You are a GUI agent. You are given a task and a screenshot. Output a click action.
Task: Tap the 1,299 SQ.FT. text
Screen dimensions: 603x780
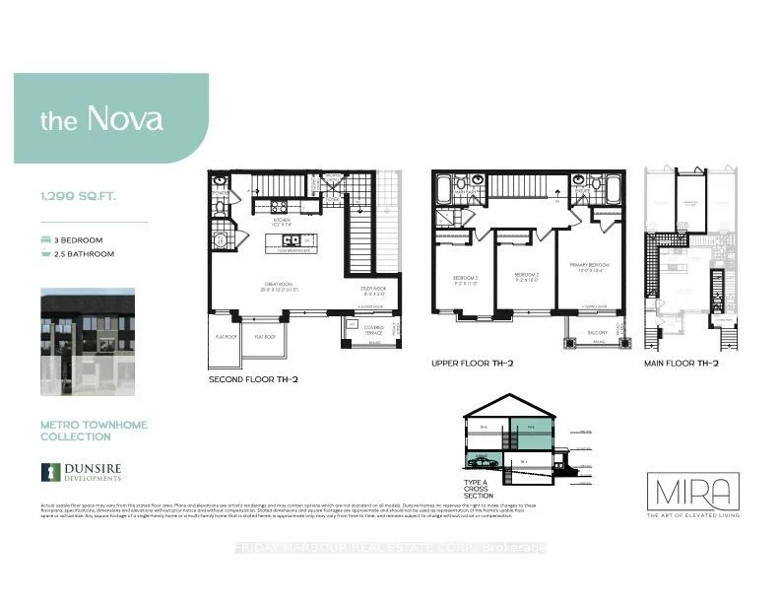79,196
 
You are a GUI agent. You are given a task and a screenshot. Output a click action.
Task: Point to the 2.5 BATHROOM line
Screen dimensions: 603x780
84,254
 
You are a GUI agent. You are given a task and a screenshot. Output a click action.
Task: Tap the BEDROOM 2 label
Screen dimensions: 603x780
524,276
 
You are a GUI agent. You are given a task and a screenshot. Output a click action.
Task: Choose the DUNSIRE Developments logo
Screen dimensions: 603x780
81,472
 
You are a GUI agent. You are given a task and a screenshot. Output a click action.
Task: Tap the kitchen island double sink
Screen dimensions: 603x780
292,240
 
